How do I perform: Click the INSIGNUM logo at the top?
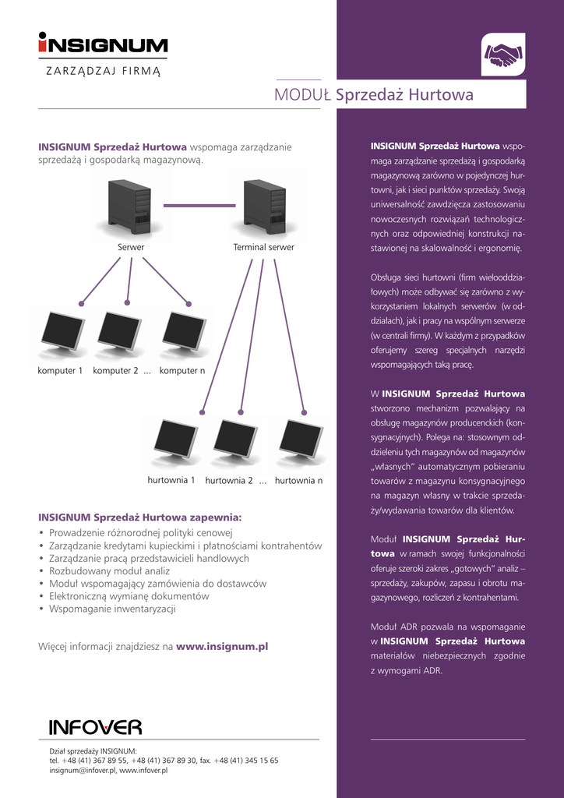click(x=103, y=44)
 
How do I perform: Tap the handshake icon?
click(x=502, y=55)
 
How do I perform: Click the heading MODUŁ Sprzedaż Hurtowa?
click(x=374, y=95)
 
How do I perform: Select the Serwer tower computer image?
click(x=130, y=207)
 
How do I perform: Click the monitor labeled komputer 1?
click(x=63, y=331)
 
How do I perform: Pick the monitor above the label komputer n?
click(x=184, y=331)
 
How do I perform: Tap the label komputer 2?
click(x=115, y=371)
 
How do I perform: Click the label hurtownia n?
click(x=298, y=481)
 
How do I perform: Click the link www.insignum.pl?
click(x=222, y=646)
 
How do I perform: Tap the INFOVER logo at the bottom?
click(x=95, y=727)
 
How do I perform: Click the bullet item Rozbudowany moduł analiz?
click(x=109, y=571)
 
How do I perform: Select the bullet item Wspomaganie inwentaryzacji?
click(x=112, y=609)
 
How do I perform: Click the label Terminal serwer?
click(x=263, y=248)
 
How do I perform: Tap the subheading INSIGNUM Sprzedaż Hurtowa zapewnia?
click(x=140, y=517)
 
